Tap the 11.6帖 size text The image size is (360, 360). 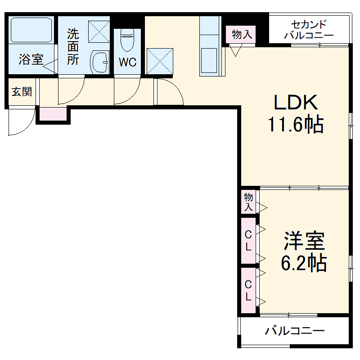[x=296, y=125]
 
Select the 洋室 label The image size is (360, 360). [x=304, y=242]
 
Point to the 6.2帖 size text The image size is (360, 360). [x=304, y=263]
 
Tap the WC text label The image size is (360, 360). [x=127, y=63]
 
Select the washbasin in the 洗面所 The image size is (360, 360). [x=99, y=61]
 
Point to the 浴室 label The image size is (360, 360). [x=31, y=59]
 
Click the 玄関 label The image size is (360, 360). [x=21, y=92]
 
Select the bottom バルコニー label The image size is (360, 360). [x=294, y=332]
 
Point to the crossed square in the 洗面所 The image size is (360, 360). [x=99, y=31]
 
